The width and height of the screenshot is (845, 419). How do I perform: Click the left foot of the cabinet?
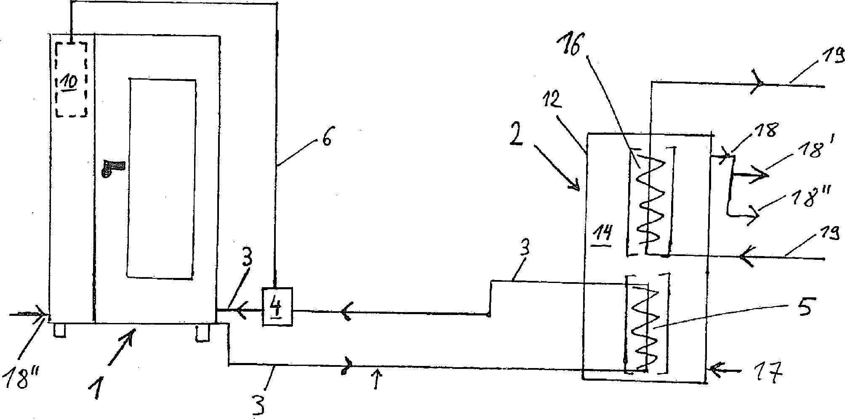pyautogui.click(x=60, y=330)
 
